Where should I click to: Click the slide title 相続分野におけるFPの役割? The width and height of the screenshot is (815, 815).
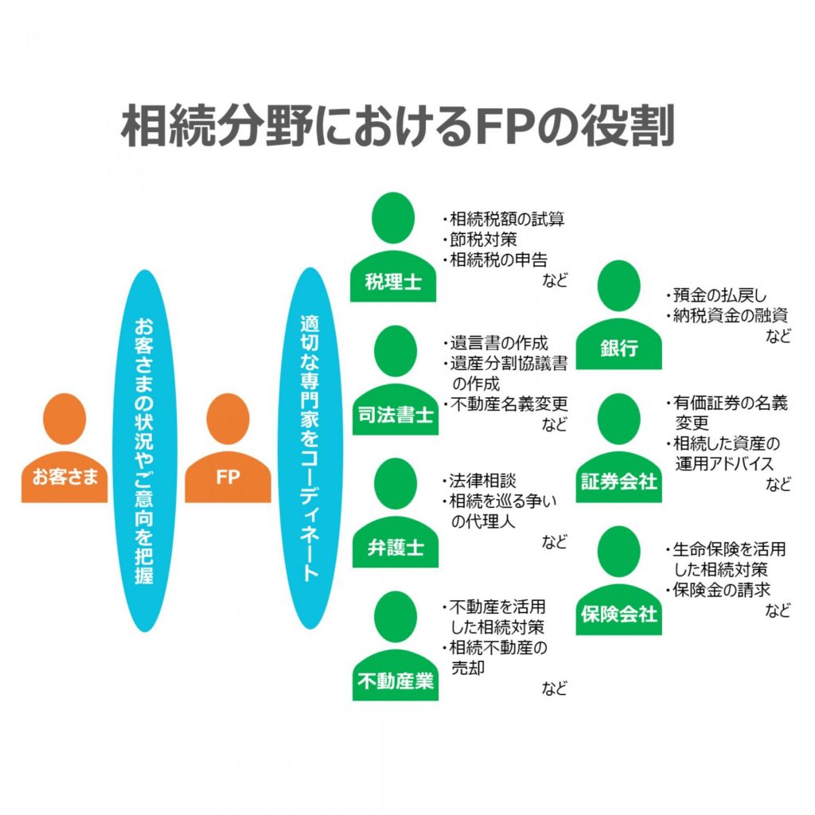[x=397, y=126]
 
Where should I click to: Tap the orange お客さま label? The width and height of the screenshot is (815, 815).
[x=64, y=478]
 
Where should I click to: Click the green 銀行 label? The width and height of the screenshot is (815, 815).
[x=618, y=349]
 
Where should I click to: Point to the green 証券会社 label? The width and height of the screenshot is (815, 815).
[x=618, y=482]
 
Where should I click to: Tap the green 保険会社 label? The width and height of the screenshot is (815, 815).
[x=618, y=614]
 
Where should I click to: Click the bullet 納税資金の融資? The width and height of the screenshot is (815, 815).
[x=730, y=315]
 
